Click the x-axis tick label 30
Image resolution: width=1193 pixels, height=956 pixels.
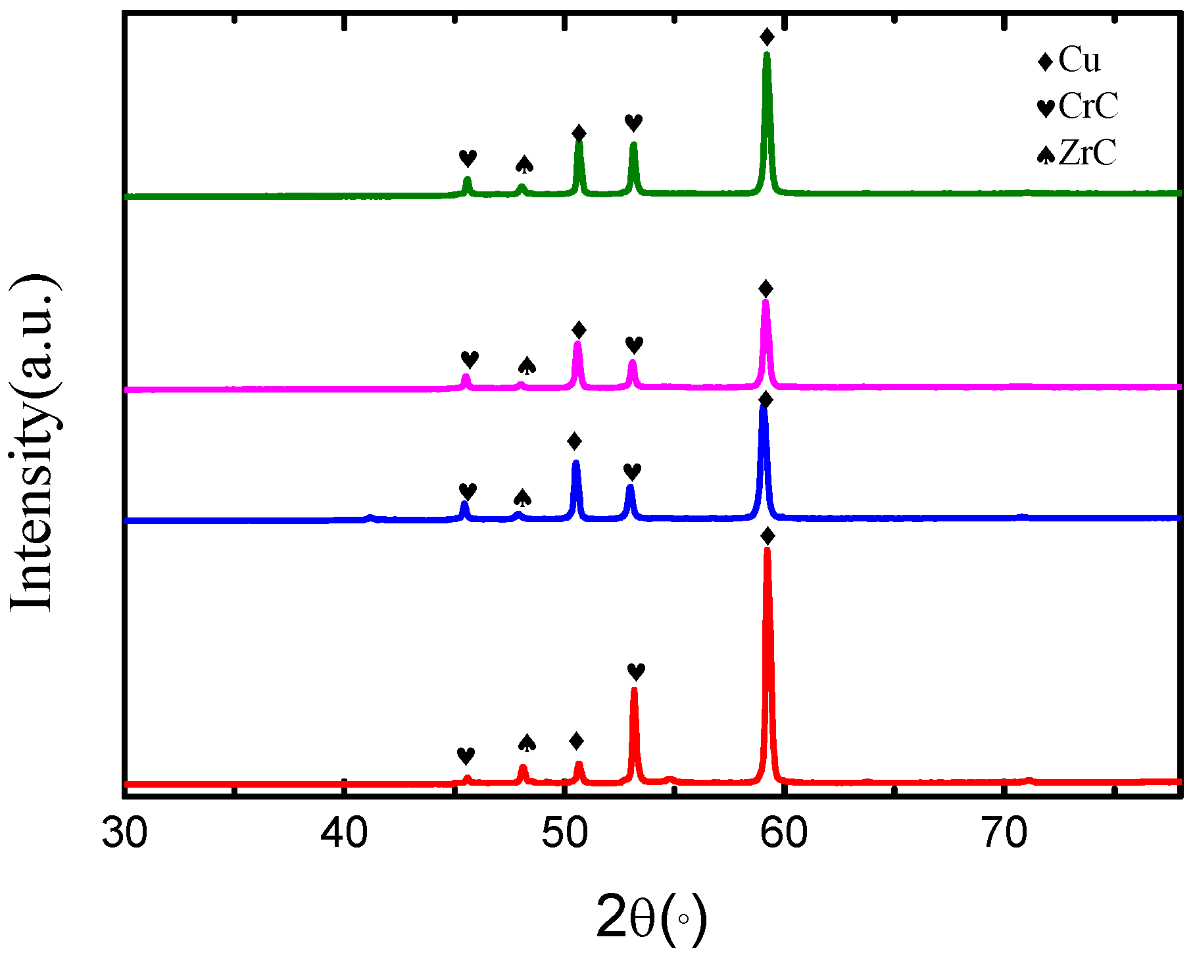[x=124, y=834]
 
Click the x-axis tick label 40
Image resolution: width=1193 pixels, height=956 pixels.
[x=344, y=834]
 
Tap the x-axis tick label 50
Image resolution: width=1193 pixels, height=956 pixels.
[x=564, y=834]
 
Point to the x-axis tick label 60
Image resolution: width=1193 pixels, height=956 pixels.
[x=785, y=834]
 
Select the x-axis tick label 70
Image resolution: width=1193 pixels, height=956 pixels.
[x=1005, y=834]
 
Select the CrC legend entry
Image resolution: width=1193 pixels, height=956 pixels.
[x=1079, y=107]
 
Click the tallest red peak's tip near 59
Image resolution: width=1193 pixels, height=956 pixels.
[x=767, y=550]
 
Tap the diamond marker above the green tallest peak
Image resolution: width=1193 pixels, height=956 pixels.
[x=767, y=37]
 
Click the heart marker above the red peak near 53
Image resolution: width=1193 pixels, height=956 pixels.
[x=636, y=672]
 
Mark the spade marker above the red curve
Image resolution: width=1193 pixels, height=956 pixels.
[x=527, y=743]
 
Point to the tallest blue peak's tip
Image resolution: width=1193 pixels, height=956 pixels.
[x=764, y=408]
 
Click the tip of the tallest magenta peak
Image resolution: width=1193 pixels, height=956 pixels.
[x=766, y=302]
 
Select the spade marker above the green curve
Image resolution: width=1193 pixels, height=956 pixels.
[x=524, y=164]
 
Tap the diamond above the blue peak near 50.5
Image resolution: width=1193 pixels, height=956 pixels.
[x=574, y=441]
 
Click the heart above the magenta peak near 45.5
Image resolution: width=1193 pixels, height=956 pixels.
[x=470, y=360]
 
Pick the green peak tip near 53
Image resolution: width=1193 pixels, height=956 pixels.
[x=634, y=144]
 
